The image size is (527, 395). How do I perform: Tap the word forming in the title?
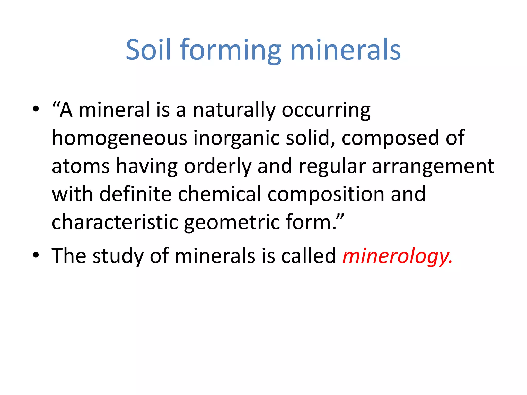pyautogui.click(x=230, y=50)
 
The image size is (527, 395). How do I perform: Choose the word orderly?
pyautogui.click(x=217, y=166)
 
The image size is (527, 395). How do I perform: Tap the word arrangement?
pyautogui.click(x=433, y=166)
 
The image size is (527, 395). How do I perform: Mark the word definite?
pyautogui.click(x=135, y=194)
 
